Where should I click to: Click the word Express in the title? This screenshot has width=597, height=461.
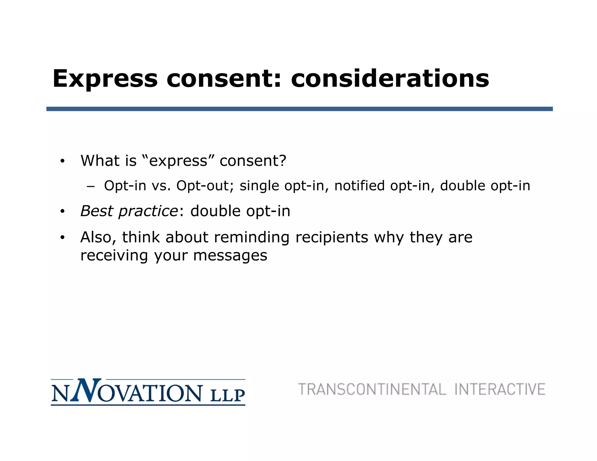[x=105, y=79]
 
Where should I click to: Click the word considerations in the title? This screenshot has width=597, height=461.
[x=390, y=79]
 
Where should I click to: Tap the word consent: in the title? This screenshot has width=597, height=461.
[x=224, y=79]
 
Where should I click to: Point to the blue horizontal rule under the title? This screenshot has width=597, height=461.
[x=299, y=109]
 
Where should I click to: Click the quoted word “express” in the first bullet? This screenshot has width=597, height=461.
[x=179, y=161]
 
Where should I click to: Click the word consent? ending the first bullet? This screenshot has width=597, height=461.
[x=253, y=161]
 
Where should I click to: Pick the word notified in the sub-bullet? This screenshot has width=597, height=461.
[x=359, y=186]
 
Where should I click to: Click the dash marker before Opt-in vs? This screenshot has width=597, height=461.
[x=91, y=186]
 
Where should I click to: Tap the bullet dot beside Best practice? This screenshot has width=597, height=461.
[x=62, y=212]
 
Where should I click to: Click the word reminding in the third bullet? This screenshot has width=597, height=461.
[x=252, y=237]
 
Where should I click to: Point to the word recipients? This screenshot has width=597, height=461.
[x=332, y=237]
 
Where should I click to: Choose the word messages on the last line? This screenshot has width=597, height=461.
[x=230, y=256]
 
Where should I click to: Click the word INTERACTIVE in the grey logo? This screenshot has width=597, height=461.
[x=500, y=390]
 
